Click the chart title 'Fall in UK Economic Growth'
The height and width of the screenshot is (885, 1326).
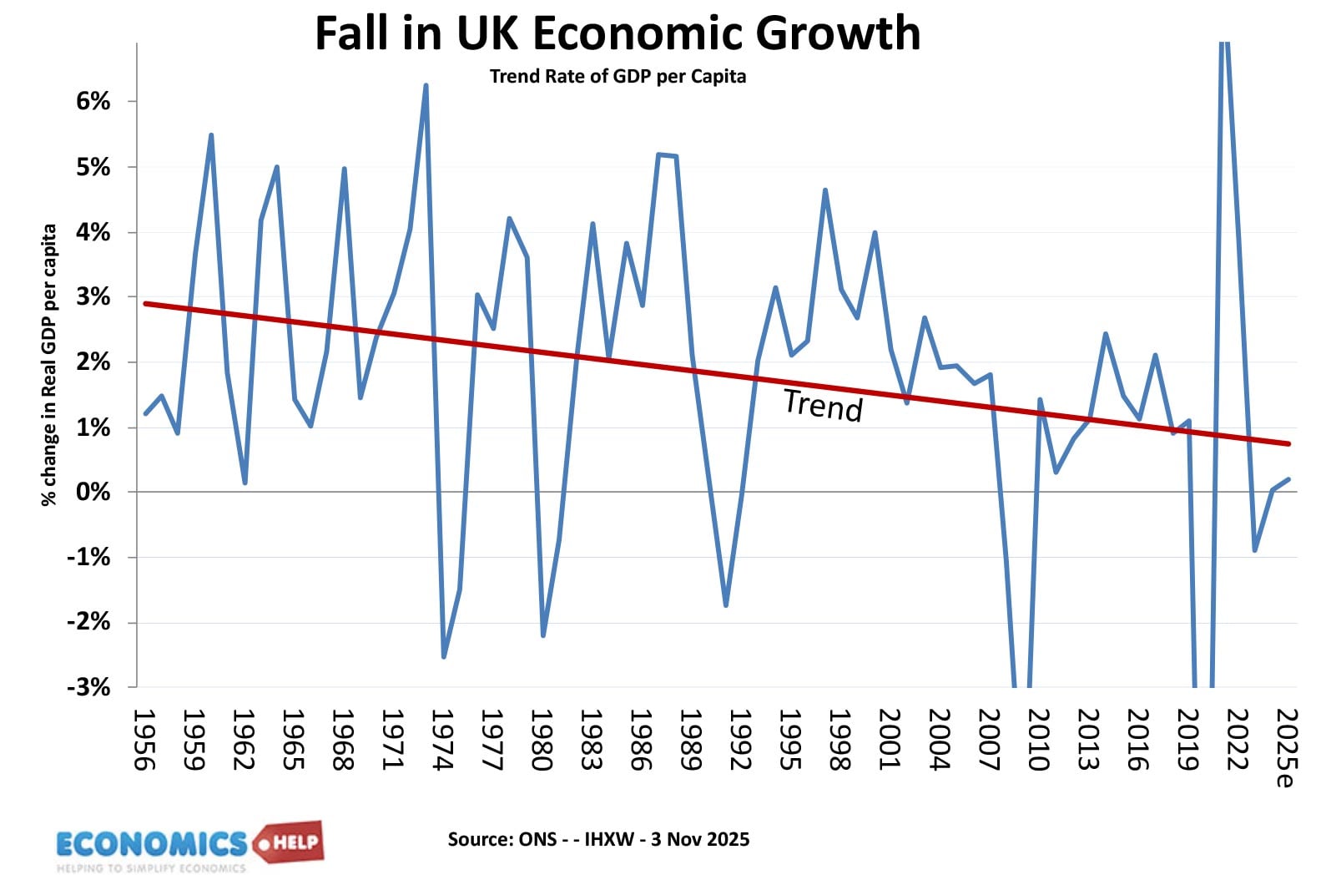pyautogui.click(x=618, y=33)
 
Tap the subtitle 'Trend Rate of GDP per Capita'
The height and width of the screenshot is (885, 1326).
pyautogui.click(x=618, y=77)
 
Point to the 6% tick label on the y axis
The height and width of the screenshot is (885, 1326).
pyautogui.click(x=93, y=101)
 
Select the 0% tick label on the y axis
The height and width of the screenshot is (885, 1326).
pyautogui.click(x=93, y=492)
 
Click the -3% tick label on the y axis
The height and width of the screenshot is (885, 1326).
pyautogui.click(x=88, y=687)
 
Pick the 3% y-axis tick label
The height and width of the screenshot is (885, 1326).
pyautogui.click(x=93, y=296)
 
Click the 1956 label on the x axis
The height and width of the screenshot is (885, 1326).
pyautogui.click(x=144, y=740)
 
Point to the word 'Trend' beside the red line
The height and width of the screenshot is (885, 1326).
pyautogui.click(x=823, y=406)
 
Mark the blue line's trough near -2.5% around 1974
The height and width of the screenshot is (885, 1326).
pyautogui.click(x=443, y=657)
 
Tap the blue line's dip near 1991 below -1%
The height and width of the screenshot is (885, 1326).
pyautogui.click(x=726, y=605)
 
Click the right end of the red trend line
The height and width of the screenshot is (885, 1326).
pyautogui.click(x=1288, y=443)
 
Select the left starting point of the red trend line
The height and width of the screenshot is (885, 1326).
pyautogui.click(x=145, y=303)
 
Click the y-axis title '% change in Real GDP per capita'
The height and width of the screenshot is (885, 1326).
pyautogui.click(x=49, y=365)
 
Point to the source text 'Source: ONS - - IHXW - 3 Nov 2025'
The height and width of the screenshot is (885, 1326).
pyautogui.click(x=598, y=839)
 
